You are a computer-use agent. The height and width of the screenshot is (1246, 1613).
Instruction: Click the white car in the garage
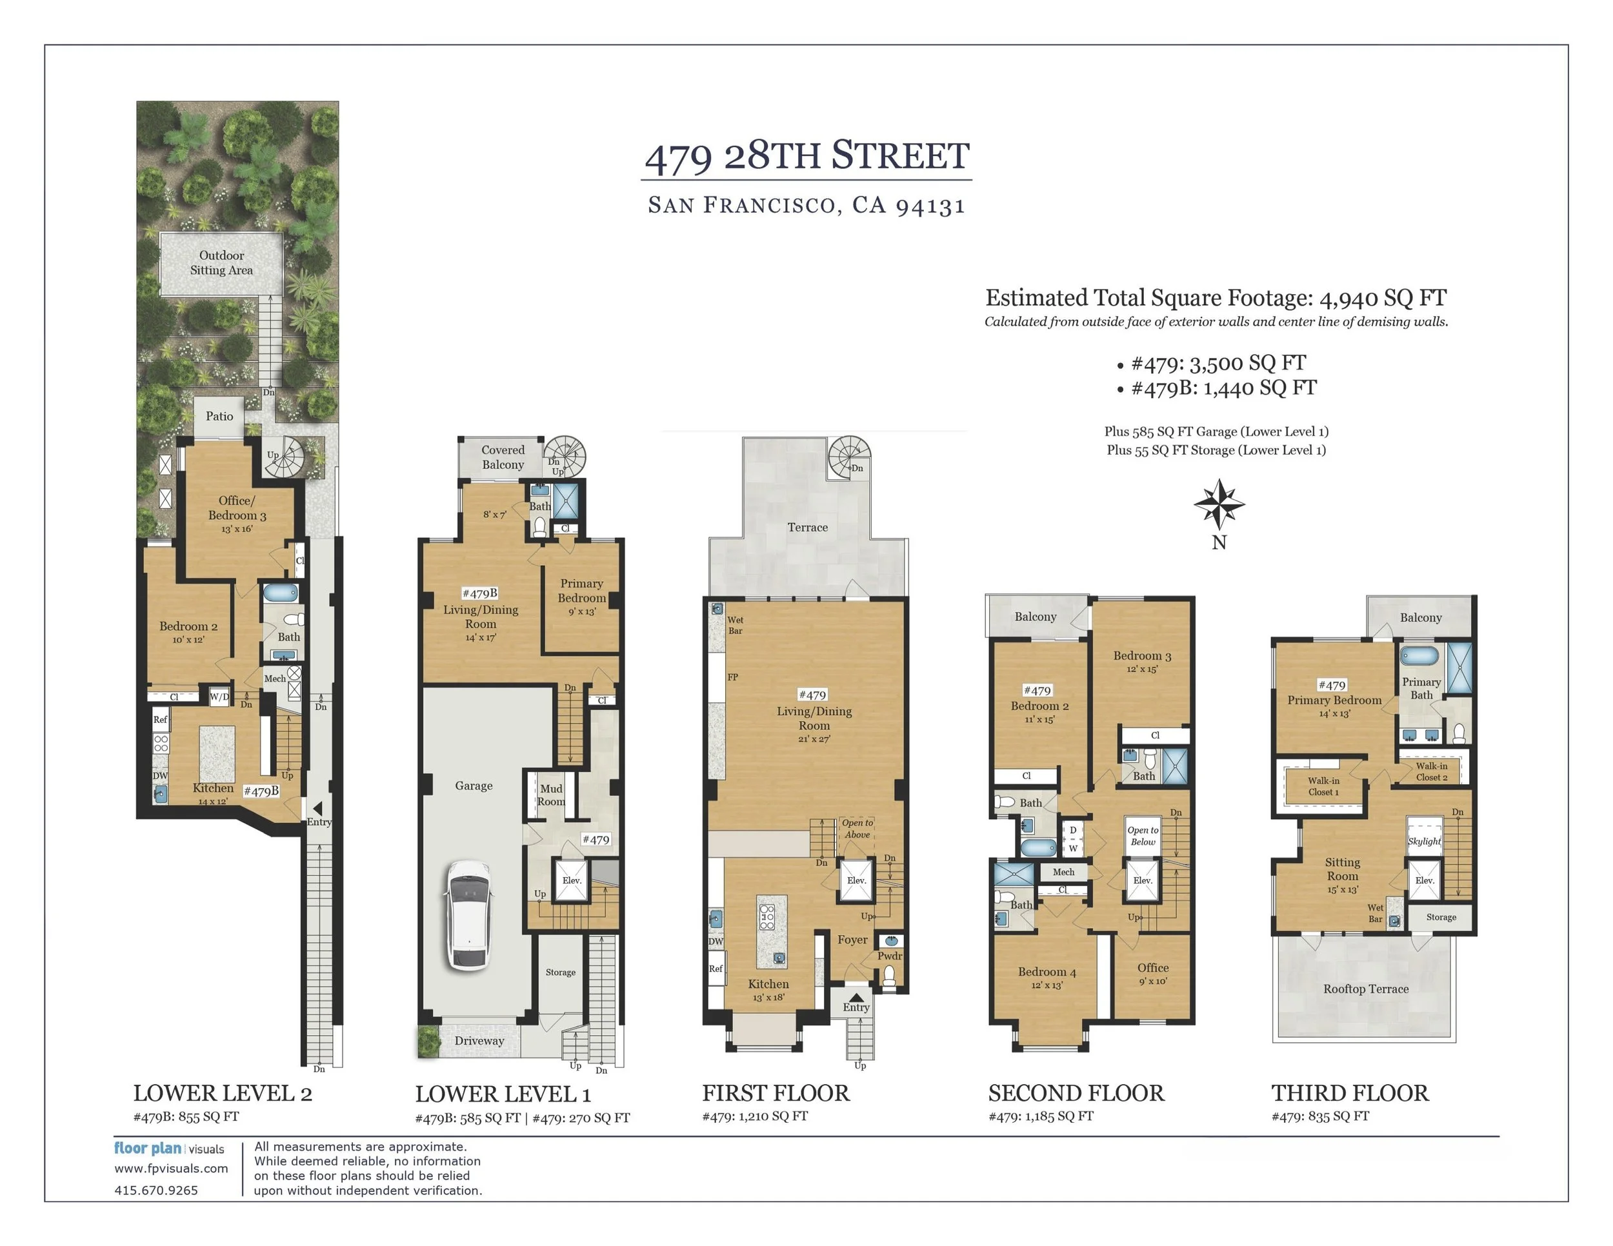[x=468, y=915]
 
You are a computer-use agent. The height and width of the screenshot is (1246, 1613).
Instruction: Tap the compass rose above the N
[x=1219, y=504]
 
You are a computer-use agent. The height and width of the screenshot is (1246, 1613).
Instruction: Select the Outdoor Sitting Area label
[x=221, y=262]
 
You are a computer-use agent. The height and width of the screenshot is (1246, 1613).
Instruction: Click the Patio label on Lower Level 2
[x=219, y=417]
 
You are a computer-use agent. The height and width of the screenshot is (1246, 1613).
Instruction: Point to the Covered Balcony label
[x=503, y=457]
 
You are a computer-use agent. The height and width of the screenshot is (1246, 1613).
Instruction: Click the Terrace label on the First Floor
[x=807, y=527]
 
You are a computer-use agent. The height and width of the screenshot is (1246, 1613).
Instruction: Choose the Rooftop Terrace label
[x=1366, y=989]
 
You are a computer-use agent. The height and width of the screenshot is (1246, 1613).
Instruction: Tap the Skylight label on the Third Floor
[x=1424, y=841]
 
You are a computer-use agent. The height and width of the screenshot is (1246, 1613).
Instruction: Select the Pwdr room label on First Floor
[x=890, y=956]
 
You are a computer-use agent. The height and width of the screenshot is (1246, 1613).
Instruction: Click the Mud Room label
[x=551, y=795]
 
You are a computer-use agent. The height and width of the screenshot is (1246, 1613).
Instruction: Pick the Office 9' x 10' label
[x=1153, y=974]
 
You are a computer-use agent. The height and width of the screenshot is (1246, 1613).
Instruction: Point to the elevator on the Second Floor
[x=1143, y=880]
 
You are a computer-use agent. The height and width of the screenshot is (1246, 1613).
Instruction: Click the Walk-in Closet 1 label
[x=1323, y=786]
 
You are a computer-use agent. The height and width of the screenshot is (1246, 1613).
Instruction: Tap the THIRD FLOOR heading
[x=1349, y=1093]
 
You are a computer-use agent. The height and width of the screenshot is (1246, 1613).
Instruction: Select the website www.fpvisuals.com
[x=170, y=1169]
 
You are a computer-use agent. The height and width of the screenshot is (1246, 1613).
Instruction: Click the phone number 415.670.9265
[x=156, y=1190]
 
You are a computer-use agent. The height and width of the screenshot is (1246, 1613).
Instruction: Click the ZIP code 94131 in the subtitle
[x=930, y=206]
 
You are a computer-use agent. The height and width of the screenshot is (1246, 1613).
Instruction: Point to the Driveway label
[x=479, y=1041]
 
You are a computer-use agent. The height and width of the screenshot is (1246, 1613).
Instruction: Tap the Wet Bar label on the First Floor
[x=736, y=625]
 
